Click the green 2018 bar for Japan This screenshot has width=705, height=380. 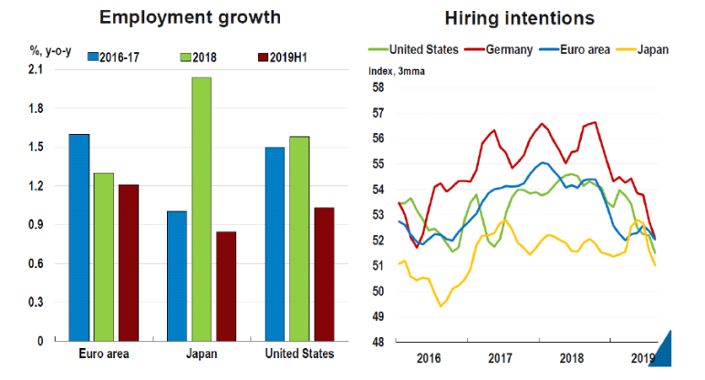[202, 210]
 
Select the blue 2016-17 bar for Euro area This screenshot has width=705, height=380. [79, 237]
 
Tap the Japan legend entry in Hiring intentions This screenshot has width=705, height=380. [646, 48]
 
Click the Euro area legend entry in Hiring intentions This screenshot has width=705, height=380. [578, 48]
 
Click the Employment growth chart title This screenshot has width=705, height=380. [190, 17]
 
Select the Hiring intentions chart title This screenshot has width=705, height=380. [519, 17]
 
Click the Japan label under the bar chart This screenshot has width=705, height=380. [202, 354]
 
